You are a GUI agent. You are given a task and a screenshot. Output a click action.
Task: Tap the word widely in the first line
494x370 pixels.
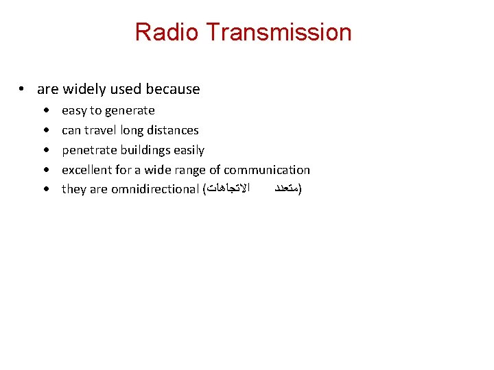pyautogui.click(x=84, y=89)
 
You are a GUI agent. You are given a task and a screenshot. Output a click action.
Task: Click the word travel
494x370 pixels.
pyautogui.click(x=100, y=130)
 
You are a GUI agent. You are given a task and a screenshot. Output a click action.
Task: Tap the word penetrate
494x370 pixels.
pyautogui.click(x=89, y=150)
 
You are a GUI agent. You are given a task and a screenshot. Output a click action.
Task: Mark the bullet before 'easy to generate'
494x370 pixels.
pyautogui.click(x=45, y=111)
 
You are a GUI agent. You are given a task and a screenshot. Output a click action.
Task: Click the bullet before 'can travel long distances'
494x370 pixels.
pyautogui.click(x=45, y=130)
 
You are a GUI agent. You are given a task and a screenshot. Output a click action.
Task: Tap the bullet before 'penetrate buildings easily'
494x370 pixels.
pyautogui.click(x=45, y=150)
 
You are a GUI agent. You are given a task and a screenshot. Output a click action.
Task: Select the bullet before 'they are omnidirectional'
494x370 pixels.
pyautogui.click(x=45, y=189)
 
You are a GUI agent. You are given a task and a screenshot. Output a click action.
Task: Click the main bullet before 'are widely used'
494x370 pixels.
pyautogui.click(x=23, y=90)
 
